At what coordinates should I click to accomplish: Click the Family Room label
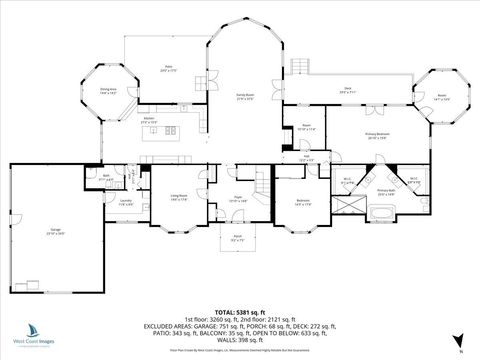(244, 97)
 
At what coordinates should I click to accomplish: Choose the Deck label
(347, 91)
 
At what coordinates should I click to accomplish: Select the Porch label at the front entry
(237, 239)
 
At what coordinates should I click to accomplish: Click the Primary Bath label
(386, 191)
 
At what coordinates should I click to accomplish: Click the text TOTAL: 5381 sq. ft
(239, 284)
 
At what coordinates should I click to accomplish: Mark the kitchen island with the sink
(162, 131)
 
